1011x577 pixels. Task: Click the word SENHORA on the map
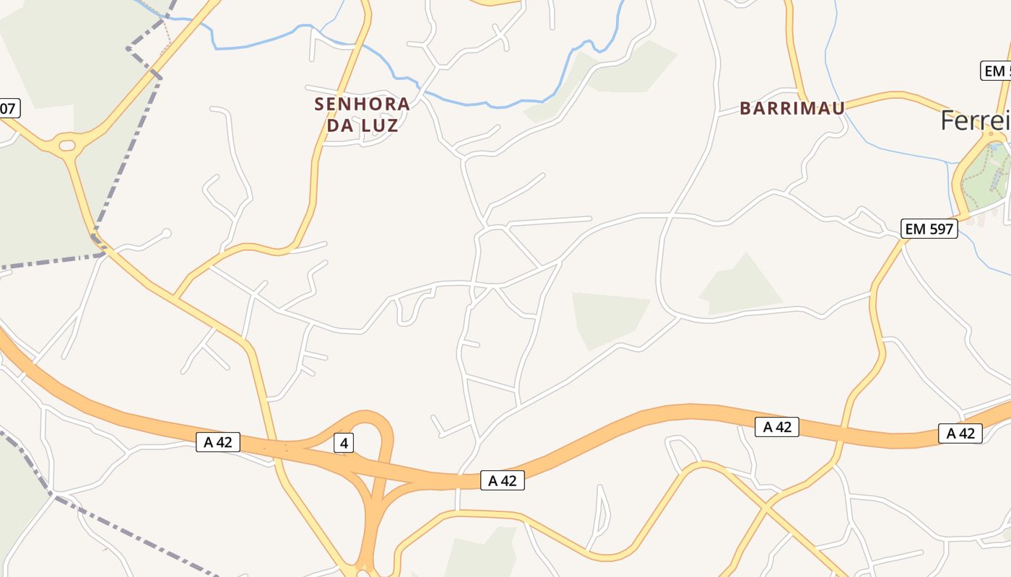pos(362,104)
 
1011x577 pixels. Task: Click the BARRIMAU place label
pos(792,108)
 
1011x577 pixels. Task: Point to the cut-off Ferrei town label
pos(975,120)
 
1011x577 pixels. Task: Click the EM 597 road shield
pos(929,229)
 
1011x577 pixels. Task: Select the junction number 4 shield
pos(344,443)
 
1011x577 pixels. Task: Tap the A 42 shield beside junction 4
pos(217,442)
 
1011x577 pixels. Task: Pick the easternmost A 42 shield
pos(960,433)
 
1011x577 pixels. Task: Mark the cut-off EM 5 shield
pos(996,71)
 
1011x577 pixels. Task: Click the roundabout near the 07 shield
pos(66,145)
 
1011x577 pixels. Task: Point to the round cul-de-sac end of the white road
pos(167,233)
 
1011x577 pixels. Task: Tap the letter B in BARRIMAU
pos(745,109)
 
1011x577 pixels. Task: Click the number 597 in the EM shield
pos(940,229)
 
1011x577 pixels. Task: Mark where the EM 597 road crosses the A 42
pos(841,433)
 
